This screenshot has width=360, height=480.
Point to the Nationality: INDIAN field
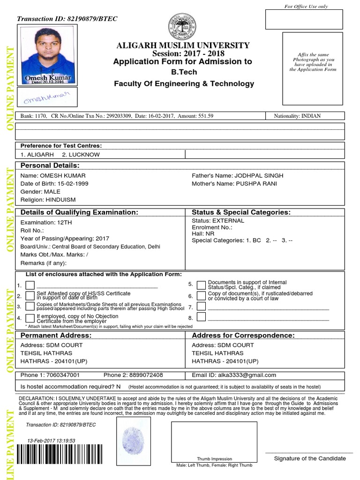coord(298,116)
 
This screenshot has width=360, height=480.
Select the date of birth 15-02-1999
coord(70,184)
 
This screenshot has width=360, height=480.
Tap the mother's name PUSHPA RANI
coord(256,184)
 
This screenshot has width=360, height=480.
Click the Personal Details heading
coord(50,165)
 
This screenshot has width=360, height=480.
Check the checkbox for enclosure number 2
coord(30,296)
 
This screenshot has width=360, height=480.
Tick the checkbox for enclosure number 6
coord(201,296)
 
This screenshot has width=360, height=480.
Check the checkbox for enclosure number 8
coord(201,318)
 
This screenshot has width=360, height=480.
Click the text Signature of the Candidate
coord(310,458)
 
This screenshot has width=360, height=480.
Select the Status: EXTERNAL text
coord(218,221)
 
